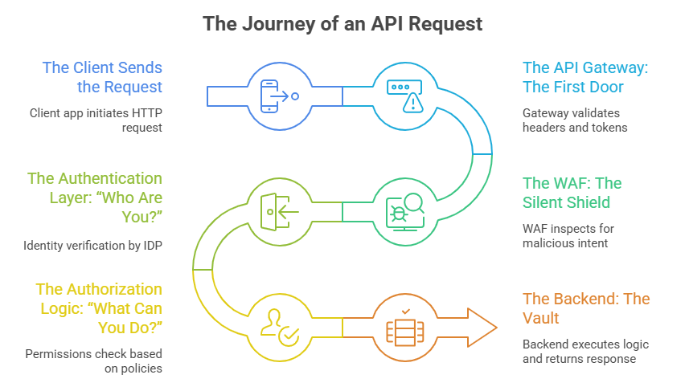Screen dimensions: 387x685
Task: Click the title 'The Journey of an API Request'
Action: coord(342,23)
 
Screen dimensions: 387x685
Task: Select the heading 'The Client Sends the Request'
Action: coord(102,77)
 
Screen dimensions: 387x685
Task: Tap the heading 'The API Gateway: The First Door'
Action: coord(584,77)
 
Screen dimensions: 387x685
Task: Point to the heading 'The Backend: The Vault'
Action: coord(586,308)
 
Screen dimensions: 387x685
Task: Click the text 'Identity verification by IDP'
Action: coord(93,245)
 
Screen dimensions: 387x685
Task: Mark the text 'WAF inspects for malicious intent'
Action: coord(568,236)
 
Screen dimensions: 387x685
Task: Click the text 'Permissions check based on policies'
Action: coord(93,361)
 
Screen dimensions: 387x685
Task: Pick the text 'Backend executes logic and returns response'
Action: coord(585,352)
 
